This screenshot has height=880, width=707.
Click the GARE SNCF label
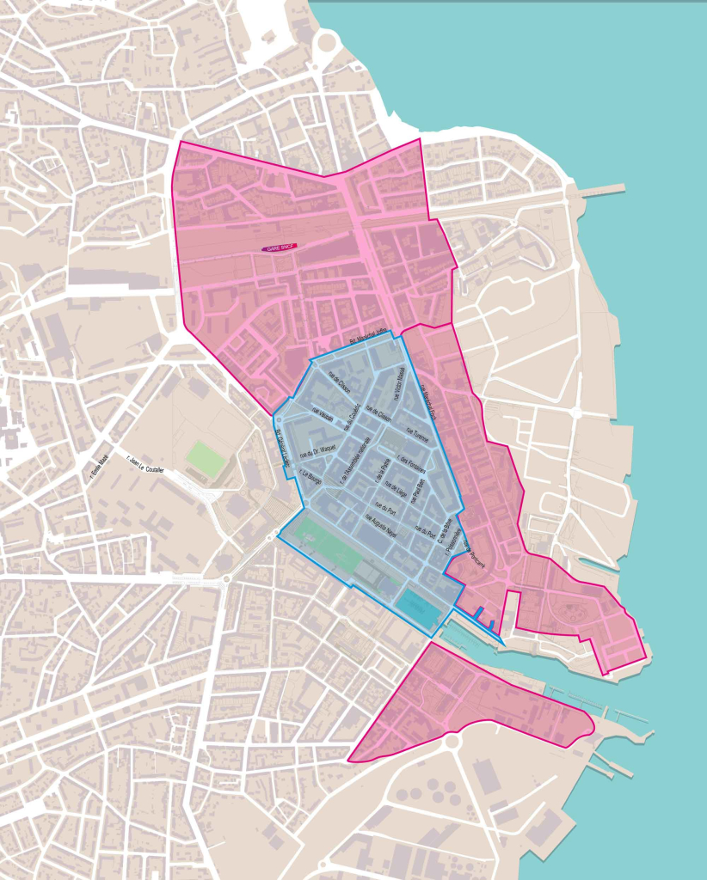280,247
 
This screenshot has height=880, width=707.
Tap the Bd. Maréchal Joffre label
370,339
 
